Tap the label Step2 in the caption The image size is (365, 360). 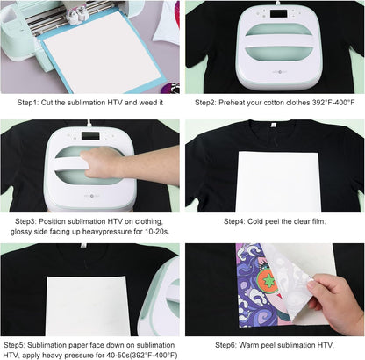[x=206, y=102]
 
